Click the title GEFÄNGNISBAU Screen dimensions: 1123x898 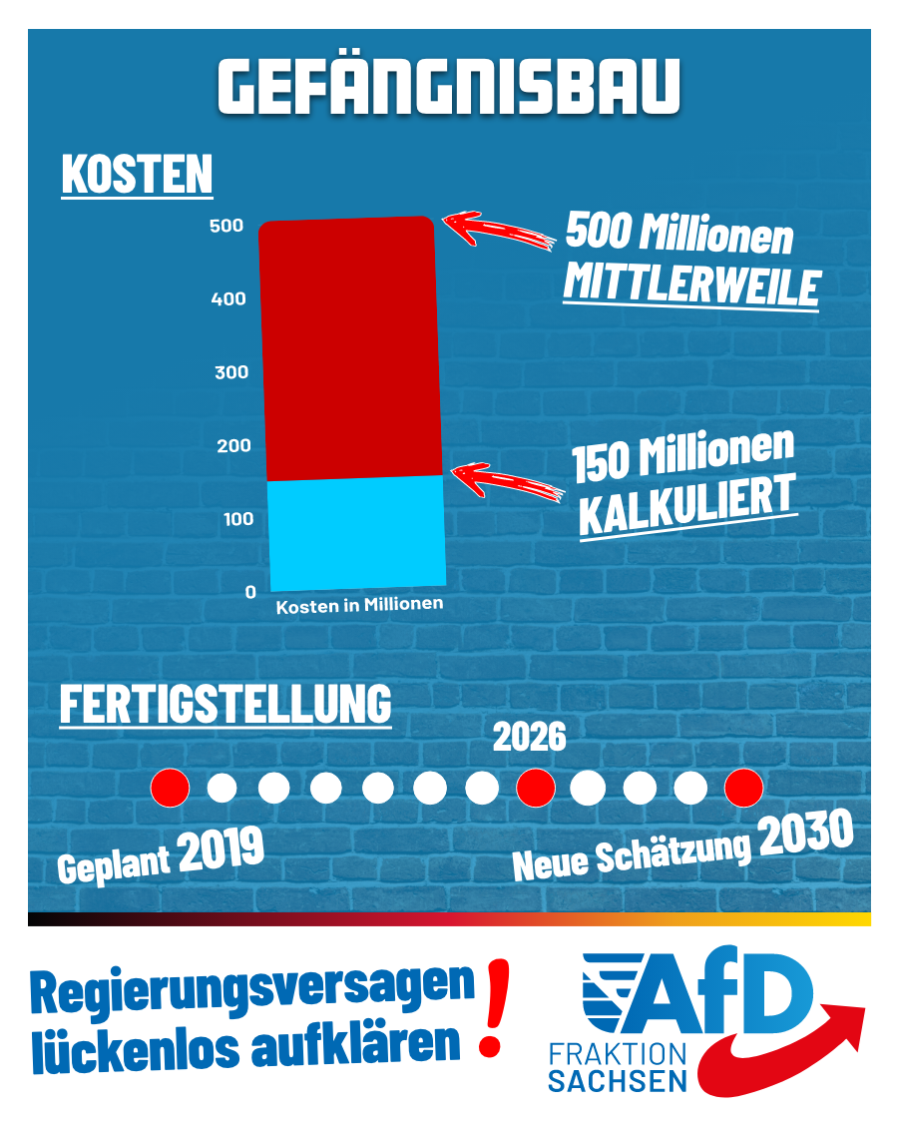point(448,88)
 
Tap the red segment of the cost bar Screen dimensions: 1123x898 point(349,349)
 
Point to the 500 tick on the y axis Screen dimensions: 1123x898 point(226,227)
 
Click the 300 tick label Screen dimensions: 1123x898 point(230,372)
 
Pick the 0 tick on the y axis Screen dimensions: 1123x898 point(250,592)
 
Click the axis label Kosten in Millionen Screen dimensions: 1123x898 point(359,605)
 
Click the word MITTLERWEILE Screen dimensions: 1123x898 point(691,284)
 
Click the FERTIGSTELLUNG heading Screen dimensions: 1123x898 point(225,704)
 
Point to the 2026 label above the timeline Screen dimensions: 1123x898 point(529,739)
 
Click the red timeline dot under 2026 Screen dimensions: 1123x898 point(536,789)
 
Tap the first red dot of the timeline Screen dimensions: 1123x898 point(170,789)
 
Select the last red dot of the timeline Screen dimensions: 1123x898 point(743,789)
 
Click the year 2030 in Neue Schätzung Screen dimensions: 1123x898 point(805,835)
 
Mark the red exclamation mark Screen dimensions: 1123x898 point(493,1008)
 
